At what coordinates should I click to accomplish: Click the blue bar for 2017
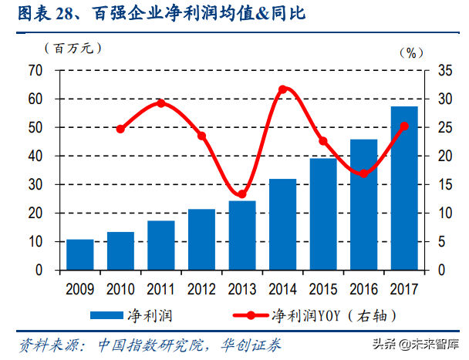pyautogui.click(x=404, y=188)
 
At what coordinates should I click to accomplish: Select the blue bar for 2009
pyautogui.click(x=79, y=254)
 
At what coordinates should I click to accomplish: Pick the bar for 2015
pyautogui.click(x=323, y=214)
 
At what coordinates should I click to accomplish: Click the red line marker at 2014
pyautogui.click(x=282, y=89)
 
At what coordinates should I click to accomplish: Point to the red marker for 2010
pyautogui.click(x=120, y=129)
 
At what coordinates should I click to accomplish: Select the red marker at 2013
pyautogui.click(x=241, y=194)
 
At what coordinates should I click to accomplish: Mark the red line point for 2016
pyautogui.click(x=363, y=173)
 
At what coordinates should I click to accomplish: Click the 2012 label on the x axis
pyautogui.click(x=201, y=289)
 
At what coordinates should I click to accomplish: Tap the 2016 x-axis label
pyautogui.click(x=363, y=289)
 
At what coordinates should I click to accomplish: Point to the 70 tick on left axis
pyautogui.click(x=34, y=70)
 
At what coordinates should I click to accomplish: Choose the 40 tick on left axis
pyautogui.click(x=34, y=156)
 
